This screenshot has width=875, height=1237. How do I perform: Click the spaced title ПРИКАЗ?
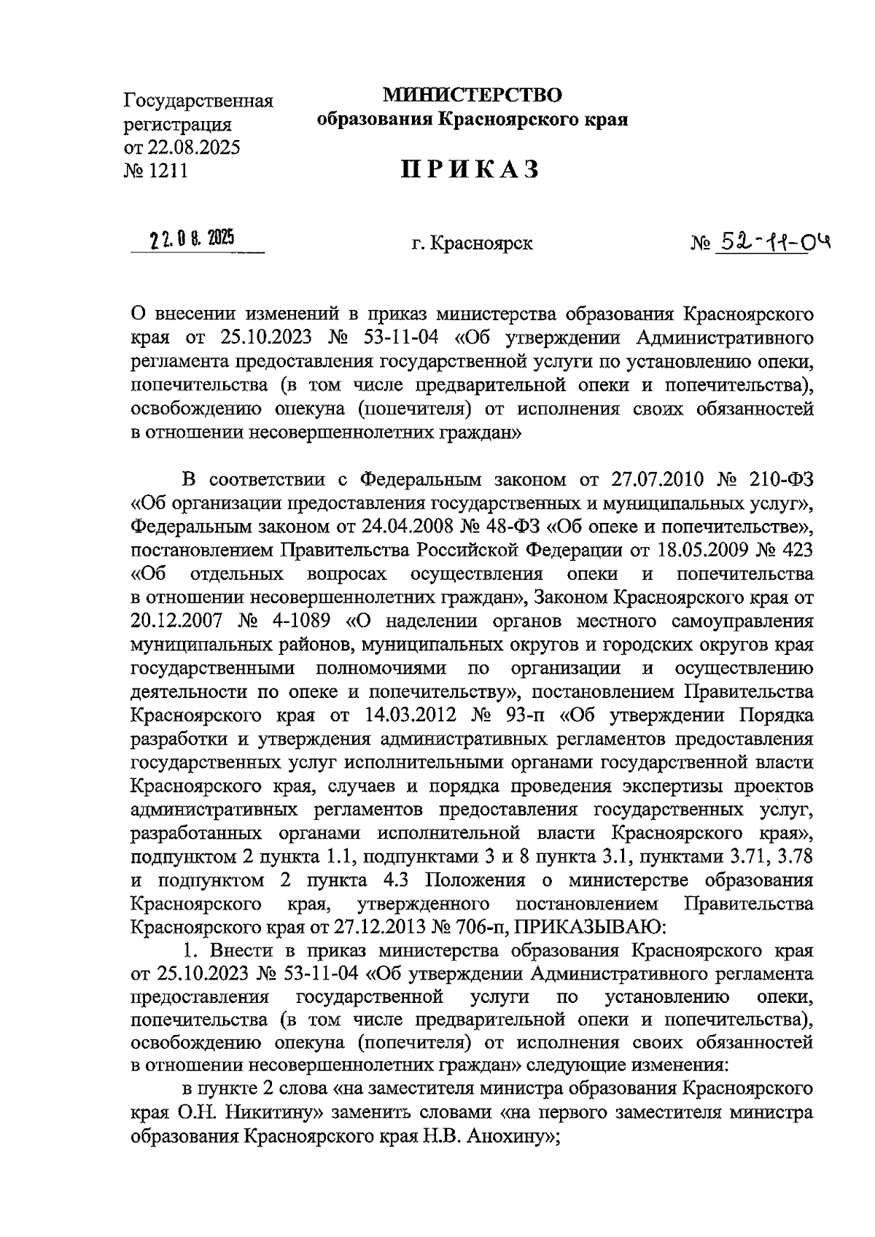[471, 169]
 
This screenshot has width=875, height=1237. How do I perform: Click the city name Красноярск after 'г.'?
[481, 244]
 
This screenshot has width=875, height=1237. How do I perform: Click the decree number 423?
[796, 549]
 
